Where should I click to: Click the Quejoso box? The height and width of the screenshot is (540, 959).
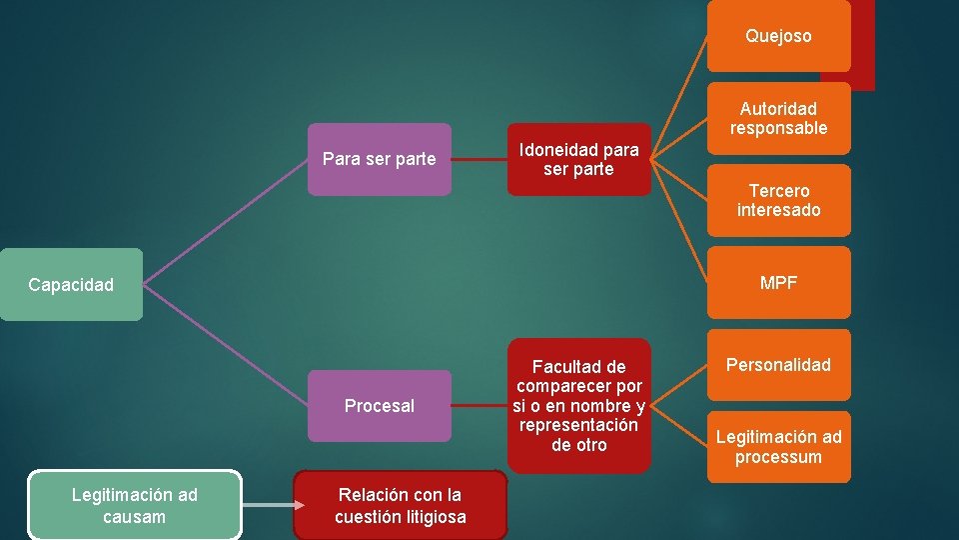(778, 36)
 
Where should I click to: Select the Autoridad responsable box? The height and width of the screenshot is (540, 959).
(778, 118)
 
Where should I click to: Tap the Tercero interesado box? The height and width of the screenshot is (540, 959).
(778, 200)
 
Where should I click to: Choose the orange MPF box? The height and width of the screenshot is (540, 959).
(778, 283)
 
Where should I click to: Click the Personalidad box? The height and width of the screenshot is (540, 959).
(778, 365)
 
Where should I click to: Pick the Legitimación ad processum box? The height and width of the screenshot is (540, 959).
(778, 447)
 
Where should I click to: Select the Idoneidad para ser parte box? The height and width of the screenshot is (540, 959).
(578, 160)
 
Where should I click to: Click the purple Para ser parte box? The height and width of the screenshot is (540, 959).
(379, 159)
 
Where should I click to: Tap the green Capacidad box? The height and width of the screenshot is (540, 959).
(71, 285)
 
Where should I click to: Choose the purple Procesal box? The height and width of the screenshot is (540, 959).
(379, 406)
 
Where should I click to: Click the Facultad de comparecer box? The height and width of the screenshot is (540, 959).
(578, 406)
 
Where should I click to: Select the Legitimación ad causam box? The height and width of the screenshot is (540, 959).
(135, 505)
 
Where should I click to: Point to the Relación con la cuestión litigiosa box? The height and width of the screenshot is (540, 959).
(400, 505)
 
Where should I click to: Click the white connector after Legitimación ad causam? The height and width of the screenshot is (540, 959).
(268, 505)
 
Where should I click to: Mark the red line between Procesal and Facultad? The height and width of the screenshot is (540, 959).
(479, 406)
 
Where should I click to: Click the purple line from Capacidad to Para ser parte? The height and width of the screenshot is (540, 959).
(226, 221)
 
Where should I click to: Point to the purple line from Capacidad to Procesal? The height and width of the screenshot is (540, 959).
(226, 346)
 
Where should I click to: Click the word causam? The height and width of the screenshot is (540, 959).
(135, 517)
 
